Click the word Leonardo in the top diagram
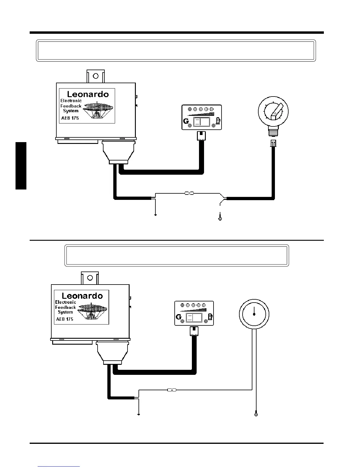(88, 94)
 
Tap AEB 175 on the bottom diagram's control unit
(65, 319)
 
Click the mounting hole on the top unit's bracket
(96, 76)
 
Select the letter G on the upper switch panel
(186, 121)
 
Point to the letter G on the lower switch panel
(179, 317)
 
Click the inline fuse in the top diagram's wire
(189, 193)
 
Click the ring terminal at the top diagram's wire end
(220, 219)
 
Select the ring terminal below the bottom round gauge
(256, 415)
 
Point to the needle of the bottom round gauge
(254, 311)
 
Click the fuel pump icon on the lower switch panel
(210, 317)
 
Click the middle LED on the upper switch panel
(201, 109)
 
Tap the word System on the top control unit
(71, 111)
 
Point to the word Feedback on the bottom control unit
(66, 307)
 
